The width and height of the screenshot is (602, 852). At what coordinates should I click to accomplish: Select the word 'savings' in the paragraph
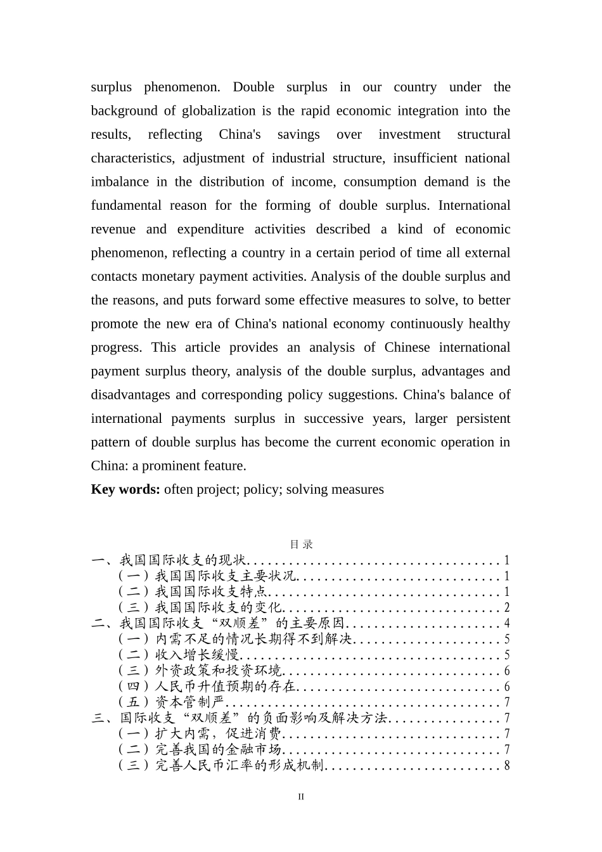click(298, 134)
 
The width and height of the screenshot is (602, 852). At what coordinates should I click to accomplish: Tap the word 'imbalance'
click(119, 182)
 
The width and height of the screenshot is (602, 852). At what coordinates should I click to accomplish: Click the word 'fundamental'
click(126, 205)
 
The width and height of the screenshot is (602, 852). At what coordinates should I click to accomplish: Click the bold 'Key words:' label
click(125, 489)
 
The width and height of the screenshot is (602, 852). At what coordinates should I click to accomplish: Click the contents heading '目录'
click(301, 545)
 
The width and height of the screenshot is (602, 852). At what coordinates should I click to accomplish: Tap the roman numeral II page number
click(301, 797)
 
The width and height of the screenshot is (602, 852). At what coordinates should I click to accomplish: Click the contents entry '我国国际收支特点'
click(211, 592)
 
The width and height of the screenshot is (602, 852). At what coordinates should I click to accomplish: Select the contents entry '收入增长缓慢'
click(197, 655)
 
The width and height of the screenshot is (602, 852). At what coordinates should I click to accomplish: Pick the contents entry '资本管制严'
click(190, 702)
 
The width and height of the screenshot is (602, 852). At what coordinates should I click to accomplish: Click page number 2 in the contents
click(507, 608)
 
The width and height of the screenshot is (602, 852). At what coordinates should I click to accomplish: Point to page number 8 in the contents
click(507, 766)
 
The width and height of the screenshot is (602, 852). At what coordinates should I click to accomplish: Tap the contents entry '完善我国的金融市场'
click(218, 750)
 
